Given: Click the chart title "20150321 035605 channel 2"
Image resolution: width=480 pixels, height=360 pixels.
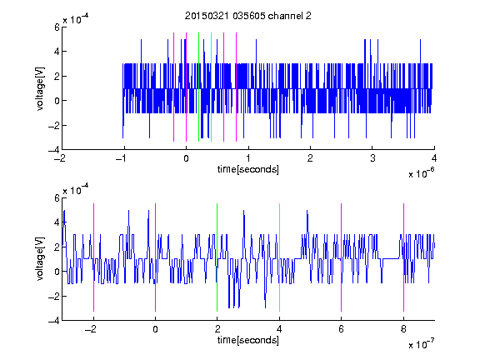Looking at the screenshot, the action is tap(248, 16).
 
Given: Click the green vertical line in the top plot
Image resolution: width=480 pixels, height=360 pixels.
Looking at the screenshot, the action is tap(198, 87).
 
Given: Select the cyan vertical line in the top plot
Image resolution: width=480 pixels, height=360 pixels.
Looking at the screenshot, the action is tap(211, 87).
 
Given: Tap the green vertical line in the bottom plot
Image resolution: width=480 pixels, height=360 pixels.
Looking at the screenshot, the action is tap(217, 257).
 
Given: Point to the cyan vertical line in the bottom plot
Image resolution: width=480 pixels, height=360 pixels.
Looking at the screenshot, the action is tap(279, 257).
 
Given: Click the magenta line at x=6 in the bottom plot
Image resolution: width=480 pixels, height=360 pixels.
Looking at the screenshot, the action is tap(342, 257).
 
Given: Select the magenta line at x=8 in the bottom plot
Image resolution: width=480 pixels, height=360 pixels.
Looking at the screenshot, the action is tap(404, 257).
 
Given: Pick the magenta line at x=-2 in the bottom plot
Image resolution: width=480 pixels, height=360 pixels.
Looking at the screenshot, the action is tap(93, 257).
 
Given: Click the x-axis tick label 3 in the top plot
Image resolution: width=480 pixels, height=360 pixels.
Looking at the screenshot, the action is tap(372, 158).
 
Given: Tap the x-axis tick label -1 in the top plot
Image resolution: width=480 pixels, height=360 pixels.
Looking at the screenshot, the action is tap(122, 158).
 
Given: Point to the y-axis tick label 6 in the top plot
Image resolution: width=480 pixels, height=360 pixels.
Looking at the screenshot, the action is tap(57, 27).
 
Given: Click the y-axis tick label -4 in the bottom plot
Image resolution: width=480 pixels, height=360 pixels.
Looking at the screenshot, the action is tap(54, 321).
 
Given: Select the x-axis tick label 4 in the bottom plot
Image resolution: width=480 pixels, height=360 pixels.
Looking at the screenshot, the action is tap(279, 329).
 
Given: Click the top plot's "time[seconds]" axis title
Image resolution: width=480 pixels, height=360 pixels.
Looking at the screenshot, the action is tap(248, 169).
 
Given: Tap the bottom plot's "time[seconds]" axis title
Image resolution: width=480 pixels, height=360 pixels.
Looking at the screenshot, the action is tap(248, 340).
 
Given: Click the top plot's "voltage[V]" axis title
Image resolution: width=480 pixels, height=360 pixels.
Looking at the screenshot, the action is tap(40, 89).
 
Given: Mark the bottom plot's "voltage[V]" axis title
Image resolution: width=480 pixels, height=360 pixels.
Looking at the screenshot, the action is tap(40, 259).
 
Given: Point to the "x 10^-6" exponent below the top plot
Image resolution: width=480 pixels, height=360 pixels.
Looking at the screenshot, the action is tap(422, 173).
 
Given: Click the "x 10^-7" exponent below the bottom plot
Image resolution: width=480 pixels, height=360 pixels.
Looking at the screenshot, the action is tap(422, 344).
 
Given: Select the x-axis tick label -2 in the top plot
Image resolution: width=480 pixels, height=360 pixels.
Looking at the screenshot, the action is tap(59, 158).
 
